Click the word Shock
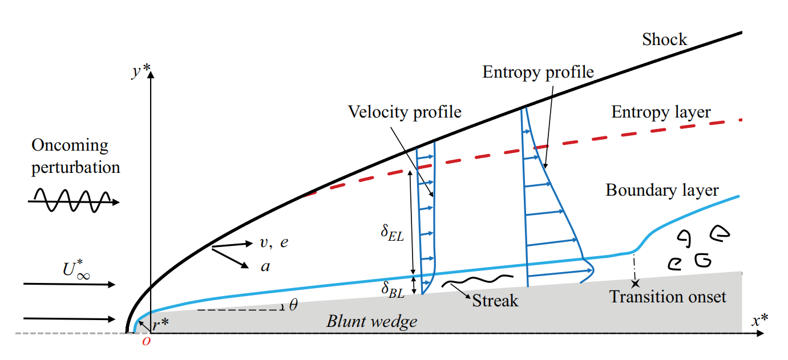[x=665, y=39]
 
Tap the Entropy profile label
[x=538, y=72]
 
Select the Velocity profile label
[x=405, y=112]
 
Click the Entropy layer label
[x=661, y=112]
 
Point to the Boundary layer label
[x=662, y=190]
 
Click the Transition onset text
[x=668, y=297]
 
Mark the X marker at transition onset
[x=635, y=282]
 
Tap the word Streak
[x=495, y=300]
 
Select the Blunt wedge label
[x=371, y=321]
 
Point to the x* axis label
[x=759, y=321]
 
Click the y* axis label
[x=140, y=72]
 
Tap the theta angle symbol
[x=293, y=305]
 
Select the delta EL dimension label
[x=393, y=234]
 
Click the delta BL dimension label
[x=393, y=289]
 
